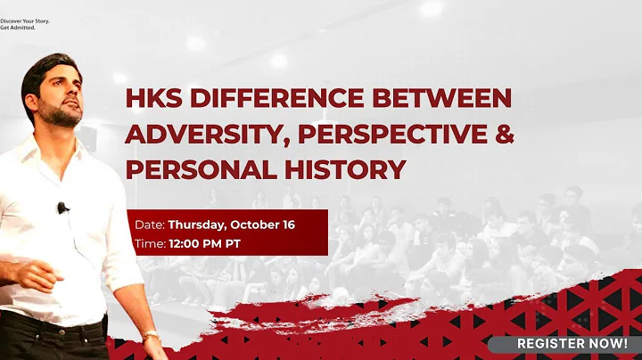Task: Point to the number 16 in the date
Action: [286, 225]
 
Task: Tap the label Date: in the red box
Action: [151, 225]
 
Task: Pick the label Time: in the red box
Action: [151, 242]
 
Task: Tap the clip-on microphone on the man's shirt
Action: [62, 209]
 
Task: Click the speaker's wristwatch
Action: [152, 338]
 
